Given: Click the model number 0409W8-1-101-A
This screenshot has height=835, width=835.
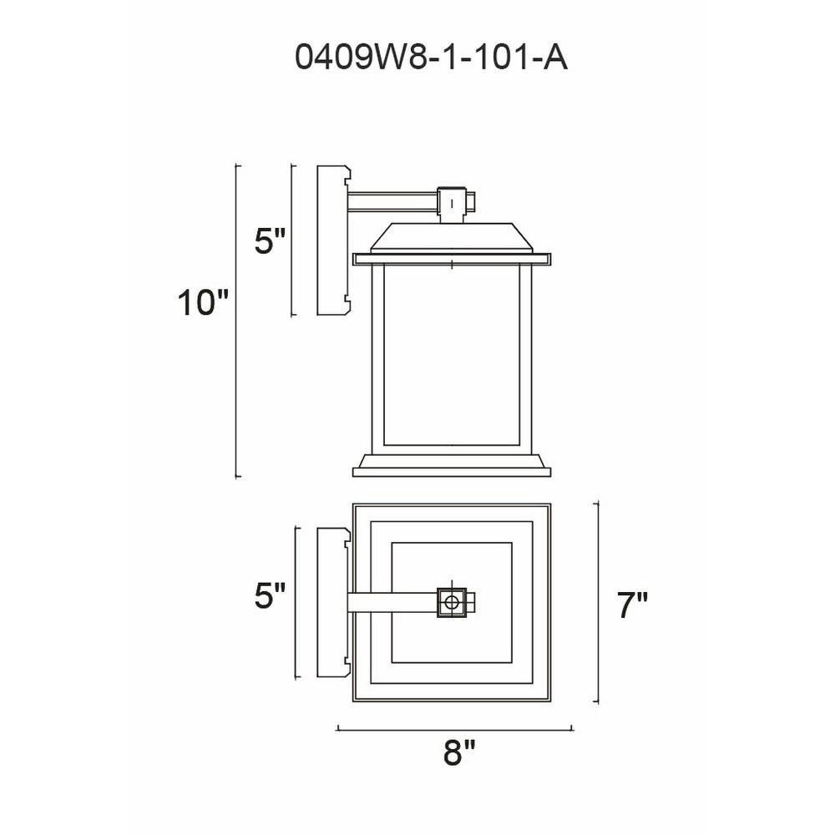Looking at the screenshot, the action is pyautogui.click(x=432, y=58).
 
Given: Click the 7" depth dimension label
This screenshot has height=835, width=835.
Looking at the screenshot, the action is pyautogui.click(x=633, y=605).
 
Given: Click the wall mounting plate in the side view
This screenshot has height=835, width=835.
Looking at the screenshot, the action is pyautogui.click(x=333, y=240).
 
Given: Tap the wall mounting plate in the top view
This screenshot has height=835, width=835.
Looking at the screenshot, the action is pyautogui.click(x=333, y=602).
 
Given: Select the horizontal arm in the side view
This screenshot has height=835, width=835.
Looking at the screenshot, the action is pyautogui.click(x=392, y=202).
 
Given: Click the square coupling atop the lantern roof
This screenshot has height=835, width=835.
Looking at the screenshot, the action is pyautogui.click(x=453, y=203).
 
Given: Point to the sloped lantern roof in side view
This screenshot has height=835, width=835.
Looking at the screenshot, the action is pyautogui.click(x=452, y=237).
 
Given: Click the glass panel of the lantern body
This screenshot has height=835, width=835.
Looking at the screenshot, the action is pyautogui.click(x=452, y=354).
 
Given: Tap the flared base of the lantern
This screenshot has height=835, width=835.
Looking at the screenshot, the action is pyautogui.click(x=452, y=465).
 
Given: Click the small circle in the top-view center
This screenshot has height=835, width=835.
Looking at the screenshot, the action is pyautogui.click(x=452, y=603).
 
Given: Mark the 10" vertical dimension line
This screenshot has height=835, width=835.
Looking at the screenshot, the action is pyautogui.click(x=237, y=321).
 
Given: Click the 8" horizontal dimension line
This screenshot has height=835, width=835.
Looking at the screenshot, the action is pyautogui.click(x=454, y=729).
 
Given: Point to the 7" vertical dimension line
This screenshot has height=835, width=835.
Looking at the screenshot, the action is pyautogui.click(x=596, y=602).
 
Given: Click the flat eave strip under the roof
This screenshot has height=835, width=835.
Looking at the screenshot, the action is pyautogui.click(x=452, y=259).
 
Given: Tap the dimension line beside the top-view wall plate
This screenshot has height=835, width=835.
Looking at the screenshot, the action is pyautogui.click(x=296, y=602).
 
